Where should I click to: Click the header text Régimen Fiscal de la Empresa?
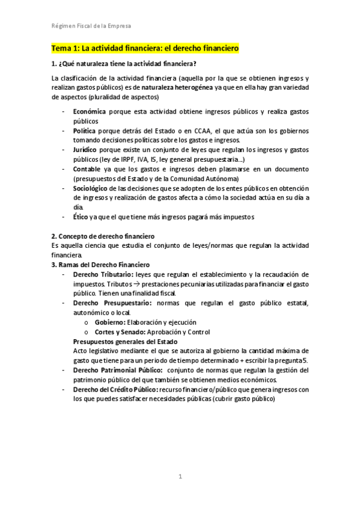(x=90, y=26)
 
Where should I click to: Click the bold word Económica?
(x=90, y=112)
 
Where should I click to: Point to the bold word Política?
(x=85, y=131)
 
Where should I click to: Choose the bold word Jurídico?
(x=86, y=150)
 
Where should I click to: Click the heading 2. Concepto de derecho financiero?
(x=103, y=236)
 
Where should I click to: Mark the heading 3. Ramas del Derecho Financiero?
(x=100, y=265)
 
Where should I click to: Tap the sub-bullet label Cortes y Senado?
(x=121, y=331)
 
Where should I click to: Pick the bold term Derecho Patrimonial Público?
(x=118, y=370)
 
